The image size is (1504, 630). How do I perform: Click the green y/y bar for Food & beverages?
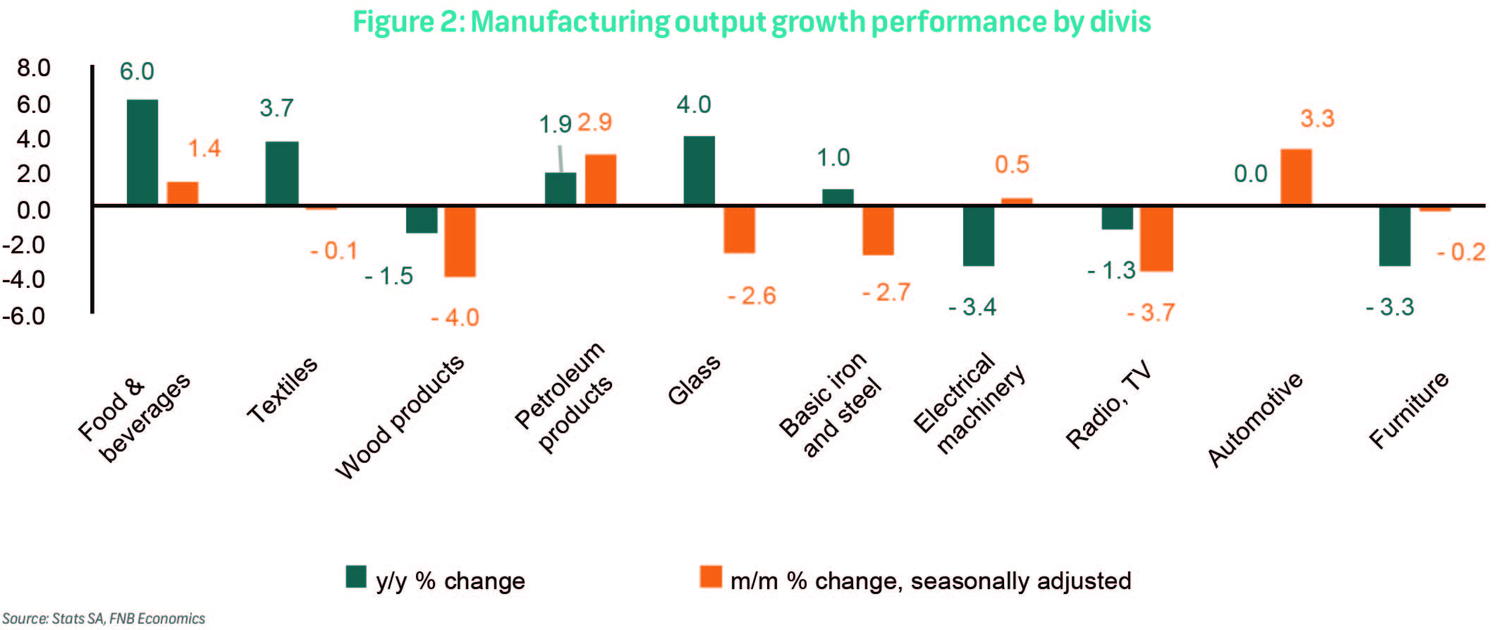tap(142, 152)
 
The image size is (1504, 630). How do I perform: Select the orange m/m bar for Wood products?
tap(460, 241)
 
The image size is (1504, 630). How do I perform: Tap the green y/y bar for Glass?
tap(699, 171)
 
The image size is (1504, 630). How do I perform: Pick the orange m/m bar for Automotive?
tap(1296, 177)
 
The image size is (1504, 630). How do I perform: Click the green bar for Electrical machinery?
tap(979, 236)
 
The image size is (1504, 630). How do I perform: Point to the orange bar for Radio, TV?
tap(1157, 238)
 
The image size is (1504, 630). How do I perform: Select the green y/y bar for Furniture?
tap(1395, 236)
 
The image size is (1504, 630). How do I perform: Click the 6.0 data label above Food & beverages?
tap(137, 71)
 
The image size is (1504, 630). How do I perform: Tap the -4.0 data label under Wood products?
tap(455, 317)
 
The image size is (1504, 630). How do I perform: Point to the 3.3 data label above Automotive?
tap(1317, 119)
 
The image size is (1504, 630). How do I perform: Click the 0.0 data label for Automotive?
tap(1250, 174)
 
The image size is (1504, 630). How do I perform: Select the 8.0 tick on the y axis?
tap(33, 68)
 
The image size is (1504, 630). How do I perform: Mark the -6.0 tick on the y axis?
tap(24, 315)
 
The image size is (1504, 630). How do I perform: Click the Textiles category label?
tap(282, 390)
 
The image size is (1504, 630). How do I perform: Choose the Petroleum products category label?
tap(564, 396)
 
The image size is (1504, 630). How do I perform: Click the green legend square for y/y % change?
tap(356, 576)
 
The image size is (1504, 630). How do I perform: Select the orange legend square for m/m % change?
tap(711, 576)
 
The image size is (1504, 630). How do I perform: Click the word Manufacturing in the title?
tap(570, 21)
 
